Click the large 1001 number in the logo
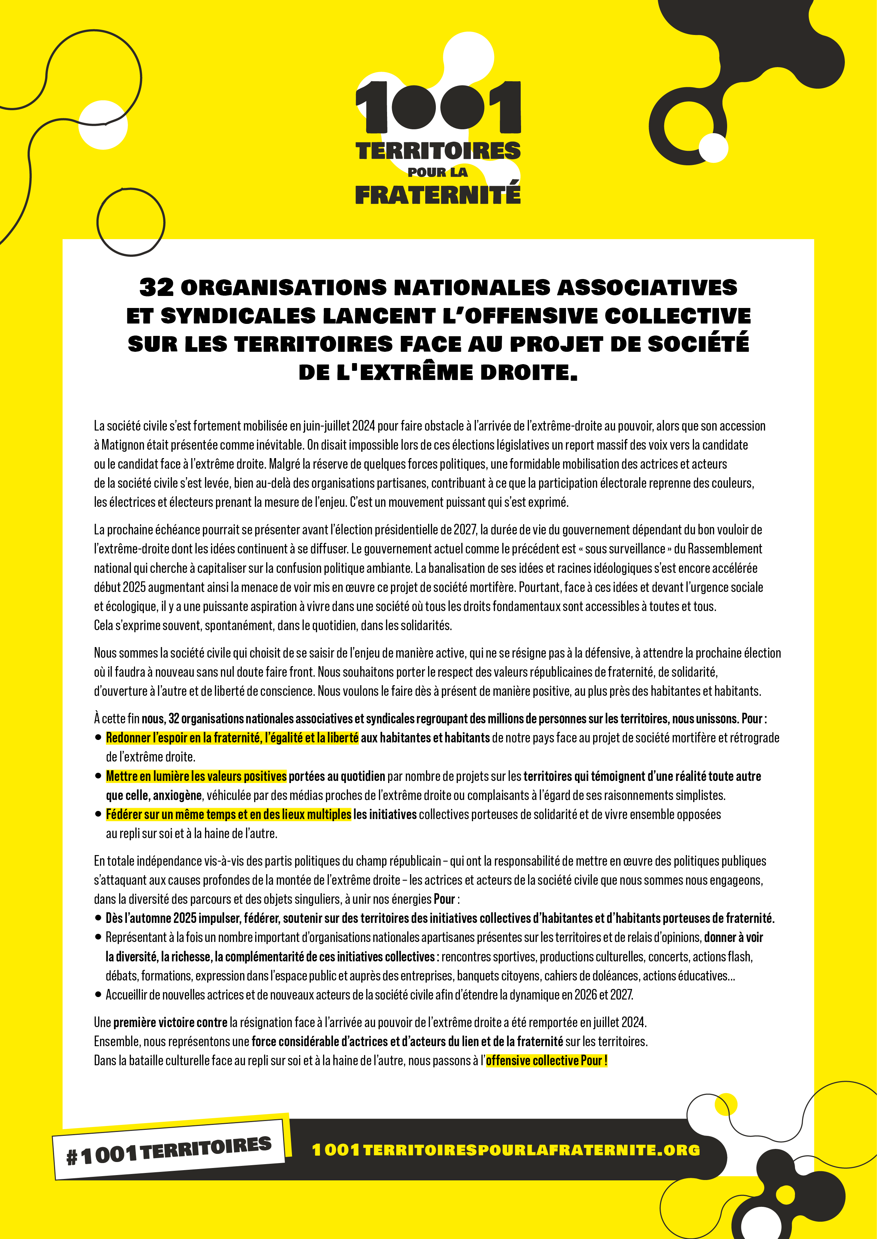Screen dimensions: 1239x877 pyautogui.click(x=438, y=107)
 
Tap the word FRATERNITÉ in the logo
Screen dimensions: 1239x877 pyautogui.click(x=438, y=195)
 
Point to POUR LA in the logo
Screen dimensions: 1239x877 pyautogui.click(x=438, y=173)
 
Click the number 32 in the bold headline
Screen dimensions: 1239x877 pyautogui.click(x=157, y=287)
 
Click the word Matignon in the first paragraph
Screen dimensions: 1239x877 pyautogui.click(x=122, y=445)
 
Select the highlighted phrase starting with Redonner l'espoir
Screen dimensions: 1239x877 pyautogui.click(x=232, y=738)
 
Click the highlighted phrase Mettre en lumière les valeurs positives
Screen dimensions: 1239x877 pyautogui.click(x=196, y=776)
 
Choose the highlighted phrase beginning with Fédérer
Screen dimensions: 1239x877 pyautogui.click(x=228, y=814)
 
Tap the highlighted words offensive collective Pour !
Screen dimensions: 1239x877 pyautogui.click(x=546, y=1060)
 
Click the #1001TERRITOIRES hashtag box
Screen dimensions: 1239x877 pyautogui.click(x=169, y=1150)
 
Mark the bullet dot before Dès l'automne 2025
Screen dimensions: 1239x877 pyautogui.click(x=98, y=918)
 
